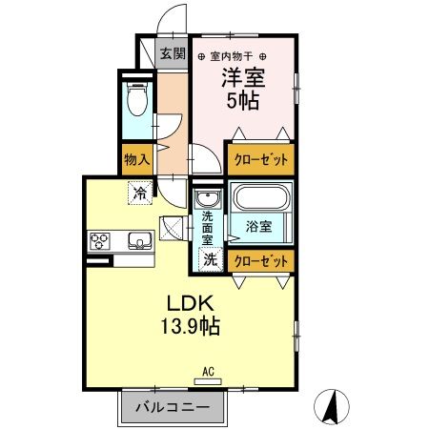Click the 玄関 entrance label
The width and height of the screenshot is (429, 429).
[172, 53]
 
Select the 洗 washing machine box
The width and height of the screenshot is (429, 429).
[209, 258]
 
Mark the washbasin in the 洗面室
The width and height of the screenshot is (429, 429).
[207, 199]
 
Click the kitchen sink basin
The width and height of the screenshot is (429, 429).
[139, 240]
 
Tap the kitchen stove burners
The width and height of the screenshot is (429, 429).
[100, 240]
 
